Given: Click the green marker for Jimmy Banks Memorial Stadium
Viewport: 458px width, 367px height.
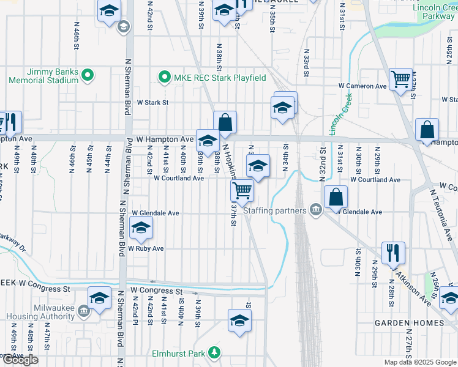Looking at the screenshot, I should coord(87,76).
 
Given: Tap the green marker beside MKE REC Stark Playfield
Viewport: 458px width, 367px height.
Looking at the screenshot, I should coord(164,78).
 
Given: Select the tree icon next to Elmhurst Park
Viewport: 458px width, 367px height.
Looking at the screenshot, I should coord(214,353).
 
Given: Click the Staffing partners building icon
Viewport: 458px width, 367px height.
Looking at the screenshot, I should coord(315,210).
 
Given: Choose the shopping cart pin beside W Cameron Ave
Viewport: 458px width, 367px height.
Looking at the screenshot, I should coord(400,79).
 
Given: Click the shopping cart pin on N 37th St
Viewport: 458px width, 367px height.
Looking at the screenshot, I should coord(242,191).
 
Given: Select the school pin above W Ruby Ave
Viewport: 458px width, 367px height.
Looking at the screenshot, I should coord(141,229).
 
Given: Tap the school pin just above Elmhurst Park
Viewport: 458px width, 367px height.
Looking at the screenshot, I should coord(239,320).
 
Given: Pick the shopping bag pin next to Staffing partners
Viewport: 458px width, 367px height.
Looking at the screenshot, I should coord(336,197).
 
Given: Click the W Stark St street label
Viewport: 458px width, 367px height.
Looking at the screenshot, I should coord(152,103).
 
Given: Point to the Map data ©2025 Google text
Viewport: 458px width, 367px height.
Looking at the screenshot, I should coord(420,362).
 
